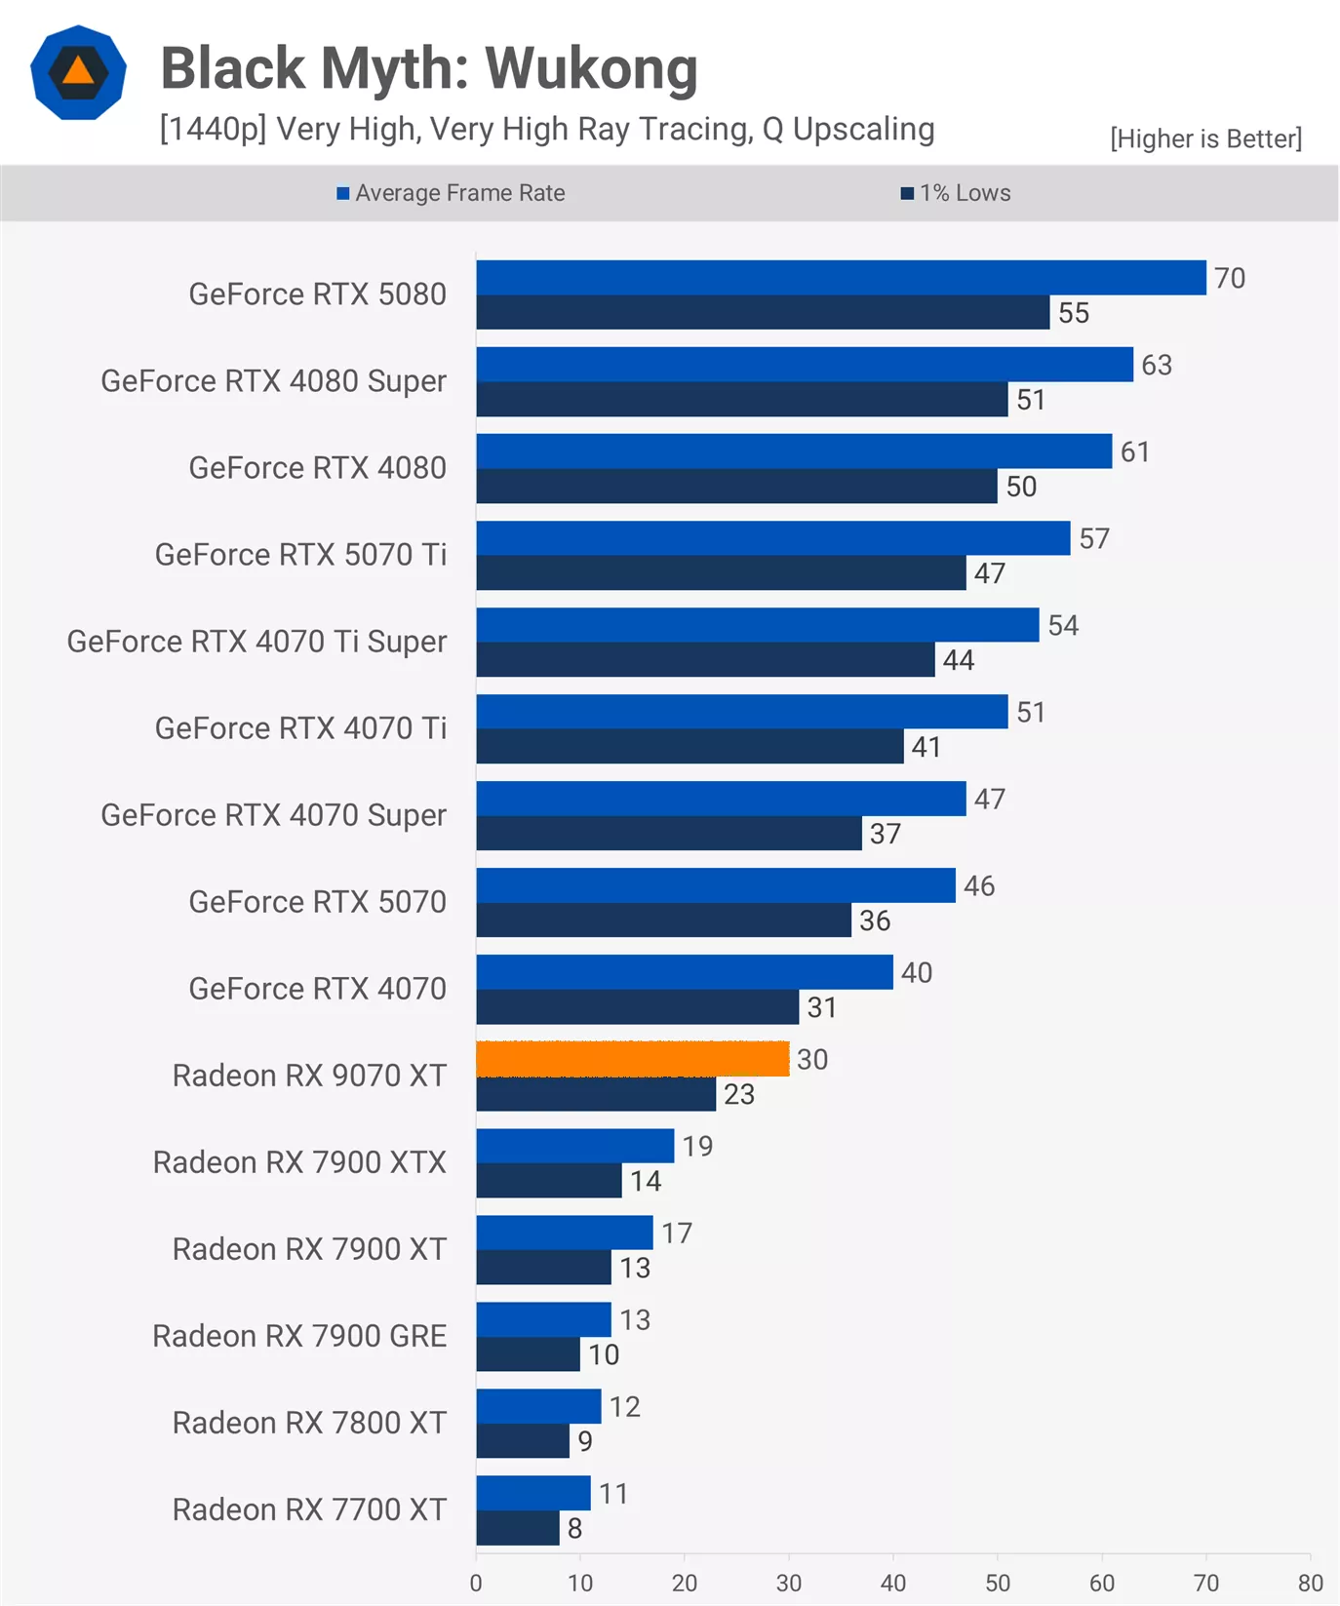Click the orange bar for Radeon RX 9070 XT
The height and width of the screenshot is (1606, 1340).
(x=632, y=1059)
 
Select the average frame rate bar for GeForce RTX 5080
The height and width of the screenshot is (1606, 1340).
(x=841, y=278)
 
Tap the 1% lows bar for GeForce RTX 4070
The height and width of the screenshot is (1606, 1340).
(x=638, y=1007)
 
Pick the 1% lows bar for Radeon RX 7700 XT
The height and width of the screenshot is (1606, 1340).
(x=518, y=1528)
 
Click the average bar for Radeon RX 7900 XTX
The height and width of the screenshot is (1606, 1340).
(x=575, y=1146)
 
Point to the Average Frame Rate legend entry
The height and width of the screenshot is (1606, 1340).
(x=451, y=193)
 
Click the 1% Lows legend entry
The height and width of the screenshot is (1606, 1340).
(x=956, y=193)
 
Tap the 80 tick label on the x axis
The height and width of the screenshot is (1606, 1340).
(x=1310, y=1583)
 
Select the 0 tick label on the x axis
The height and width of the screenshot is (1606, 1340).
(x=476, y=1583)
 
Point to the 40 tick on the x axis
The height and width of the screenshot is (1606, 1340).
(x=893, y=1583)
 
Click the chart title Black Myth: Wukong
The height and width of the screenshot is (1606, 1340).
(x=429, y=68)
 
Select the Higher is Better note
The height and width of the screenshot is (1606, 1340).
(x=1205, y=138)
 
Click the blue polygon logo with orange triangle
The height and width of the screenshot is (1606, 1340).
(x=78, y=72)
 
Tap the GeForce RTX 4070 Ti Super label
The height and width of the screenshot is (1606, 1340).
(x=256, y=642)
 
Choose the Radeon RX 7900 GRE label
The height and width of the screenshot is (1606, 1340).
(x=299, y=1336)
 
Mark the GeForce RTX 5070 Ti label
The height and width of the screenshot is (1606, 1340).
(x=300, y=555)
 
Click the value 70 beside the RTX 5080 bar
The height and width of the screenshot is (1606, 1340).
(x=1230, y=279)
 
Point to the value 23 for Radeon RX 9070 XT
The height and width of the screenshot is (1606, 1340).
(x=739, y=1094)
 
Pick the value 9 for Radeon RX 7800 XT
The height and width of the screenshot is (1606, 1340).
(x=585, y=1441)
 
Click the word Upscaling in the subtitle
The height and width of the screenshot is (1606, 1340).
(x=863, y=129)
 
